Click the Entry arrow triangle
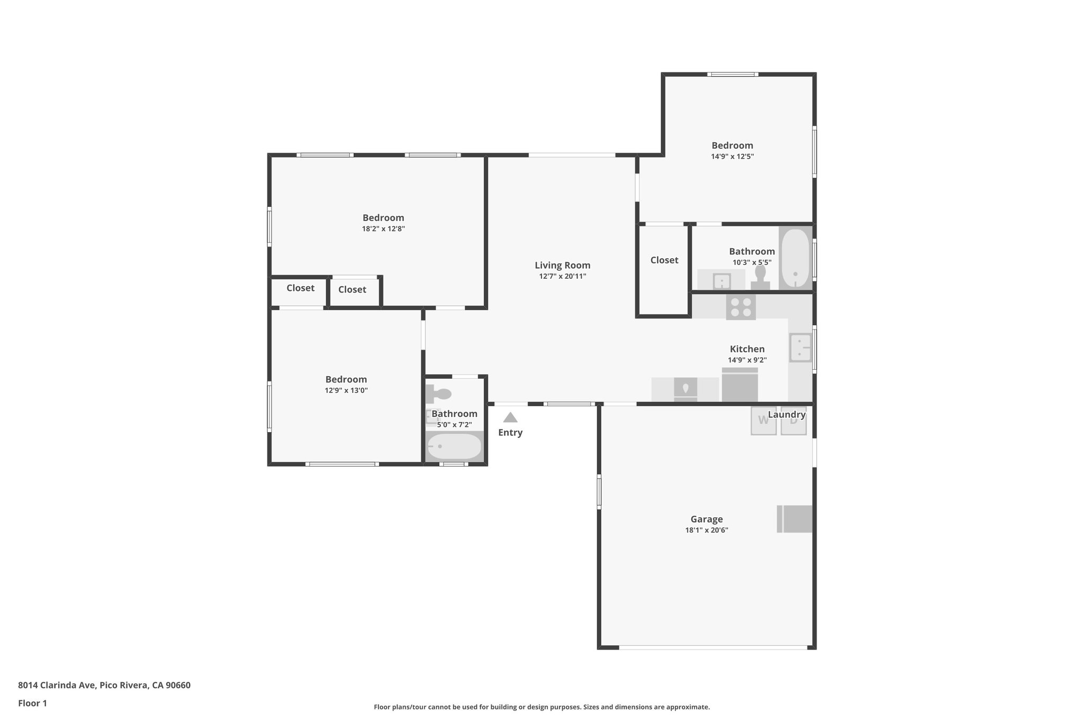(510, 418)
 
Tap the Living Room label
(562, 266)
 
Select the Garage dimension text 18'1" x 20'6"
(706, 531)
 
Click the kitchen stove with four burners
(740, 307)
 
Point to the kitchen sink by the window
(800, 348)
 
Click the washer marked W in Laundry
(763, 421)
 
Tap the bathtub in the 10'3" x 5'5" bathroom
(796, 258)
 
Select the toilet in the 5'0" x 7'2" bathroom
(438, 394)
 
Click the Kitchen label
(747, 349)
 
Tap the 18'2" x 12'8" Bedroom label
(383, 218)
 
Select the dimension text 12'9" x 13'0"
(346, 391)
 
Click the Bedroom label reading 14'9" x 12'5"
(732, 145)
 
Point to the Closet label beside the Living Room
(664, 260)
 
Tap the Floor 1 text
(32, 703)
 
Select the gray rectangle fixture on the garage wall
(794, 519)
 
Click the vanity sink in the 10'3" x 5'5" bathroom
(721, 281)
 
